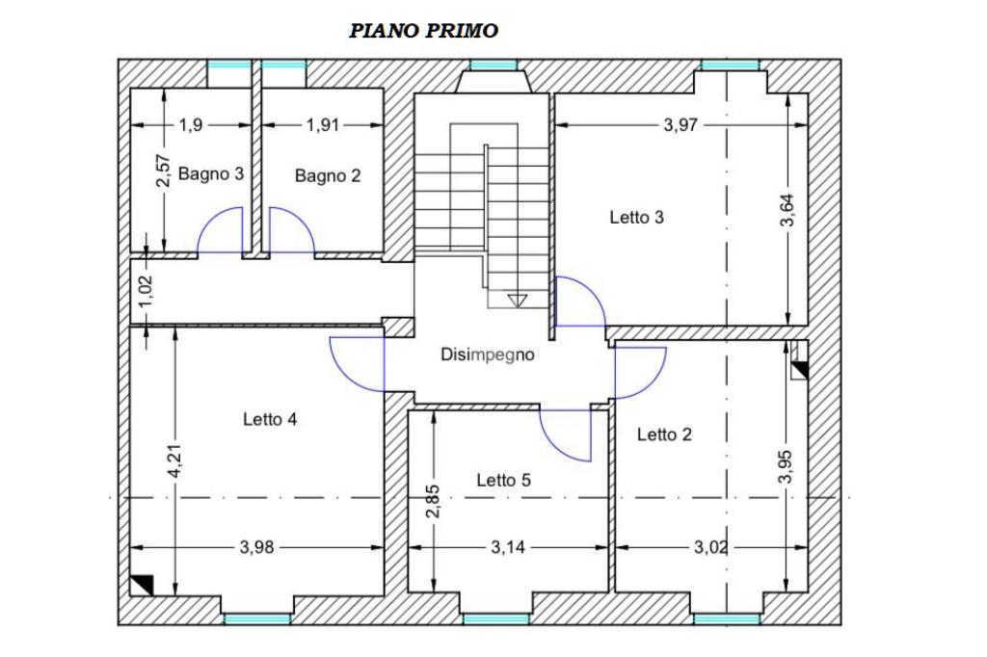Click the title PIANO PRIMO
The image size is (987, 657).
[424, 30]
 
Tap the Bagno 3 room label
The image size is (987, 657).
[211, 173]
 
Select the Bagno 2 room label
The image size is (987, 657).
[328, 175]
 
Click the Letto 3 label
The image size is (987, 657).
[636, 217]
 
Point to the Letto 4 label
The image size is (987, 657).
[270, 418]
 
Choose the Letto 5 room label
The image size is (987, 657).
[503, 480]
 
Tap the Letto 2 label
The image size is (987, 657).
[664, 434]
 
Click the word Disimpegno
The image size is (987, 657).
[487, 355]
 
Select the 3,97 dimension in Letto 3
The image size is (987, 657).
[681, 124]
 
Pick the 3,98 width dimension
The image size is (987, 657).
[256, 547]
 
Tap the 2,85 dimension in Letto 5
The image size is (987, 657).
[433, 501]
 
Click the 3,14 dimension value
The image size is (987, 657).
[508, 547]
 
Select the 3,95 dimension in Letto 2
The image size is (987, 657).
[786, 466]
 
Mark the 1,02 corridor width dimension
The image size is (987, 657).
[147, 292]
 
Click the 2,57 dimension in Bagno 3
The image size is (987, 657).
[163, 171]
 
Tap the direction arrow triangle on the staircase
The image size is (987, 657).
[517, 301]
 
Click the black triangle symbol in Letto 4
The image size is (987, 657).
[142, 585]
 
